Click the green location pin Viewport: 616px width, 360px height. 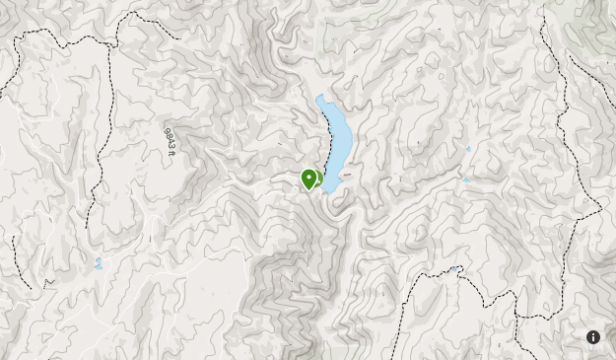tap(309, 179)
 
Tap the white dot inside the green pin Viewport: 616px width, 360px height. tap(309, 177)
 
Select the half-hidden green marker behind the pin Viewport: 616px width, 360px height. tap(318, 179)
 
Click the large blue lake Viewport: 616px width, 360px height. tap(335, 138)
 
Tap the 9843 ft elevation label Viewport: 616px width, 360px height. tap(170, 141)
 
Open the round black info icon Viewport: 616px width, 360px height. tap(593, 337)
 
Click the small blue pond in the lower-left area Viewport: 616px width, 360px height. tap(98, 263)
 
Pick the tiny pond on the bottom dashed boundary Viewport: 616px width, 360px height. tap(453, 269)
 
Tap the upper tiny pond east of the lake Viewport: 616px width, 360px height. tap(468, 149)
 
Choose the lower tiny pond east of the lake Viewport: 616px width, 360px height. tap(465, 180)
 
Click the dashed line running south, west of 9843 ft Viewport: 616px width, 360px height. tap(99, 168)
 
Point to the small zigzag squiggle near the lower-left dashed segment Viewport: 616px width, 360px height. tap(48, 282)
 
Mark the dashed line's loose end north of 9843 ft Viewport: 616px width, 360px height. tap(179, 37)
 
